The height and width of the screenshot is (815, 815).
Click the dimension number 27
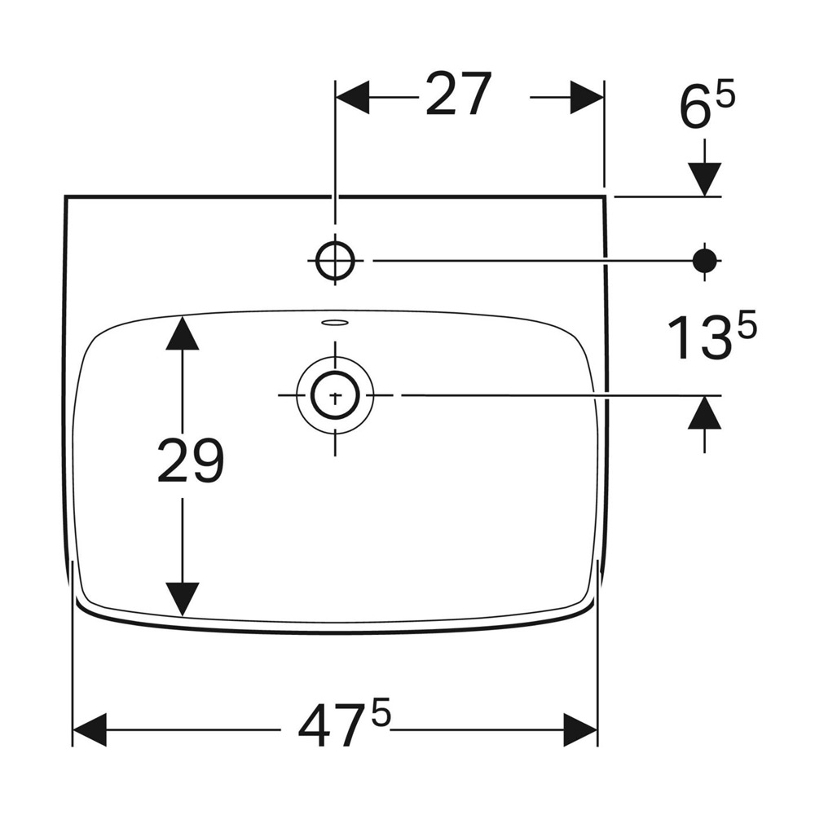[x=458, y=94]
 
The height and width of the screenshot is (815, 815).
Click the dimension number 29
[x=190, y=460]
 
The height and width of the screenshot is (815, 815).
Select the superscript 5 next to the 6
[x=726, y=97]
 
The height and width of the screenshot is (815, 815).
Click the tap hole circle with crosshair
[x=335, y=260]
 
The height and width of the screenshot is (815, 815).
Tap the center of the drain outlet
[x=335, y=395]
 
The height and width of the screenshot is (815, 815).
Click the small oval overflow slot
[x=335, y=323]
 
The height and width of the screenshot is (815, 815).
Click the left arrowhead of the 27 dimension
[x=353, y=97]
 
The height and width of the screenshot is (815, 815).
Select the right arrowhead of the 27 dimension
[x=586, y=97]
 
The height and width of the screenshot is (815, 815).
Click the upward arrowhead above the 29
[x=182, y=333]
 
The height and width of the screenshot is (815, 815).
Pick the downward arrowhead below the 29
[x=182, y=599]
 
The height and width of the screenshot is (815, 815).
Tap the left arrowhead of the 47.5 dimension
[x=90, y=729]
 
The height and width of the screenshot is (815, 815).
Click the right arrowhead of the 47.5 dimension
[x=580, y=729]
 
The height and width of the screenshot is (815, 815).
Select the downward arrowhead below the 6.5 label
[x=705, y=179]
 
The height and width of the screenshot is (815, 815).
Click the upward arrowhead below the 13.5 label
[x=705, y=412]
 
